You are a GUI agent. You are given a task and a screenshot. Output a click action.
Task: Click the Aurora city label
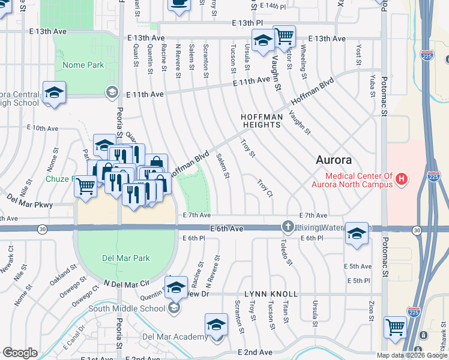coord(334,160)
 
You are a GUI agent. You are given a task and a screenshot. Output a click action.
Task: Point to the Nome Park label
coord(83,65)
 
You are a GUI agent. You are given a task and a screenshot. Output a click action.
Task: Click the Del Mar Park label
coord(125,258)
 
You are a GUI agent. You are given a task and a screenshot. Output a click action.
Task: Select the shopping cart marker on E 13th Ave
coord(284,36)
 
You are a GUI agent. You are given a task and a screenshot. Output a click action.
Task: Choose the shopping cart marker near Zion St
coord(396,327)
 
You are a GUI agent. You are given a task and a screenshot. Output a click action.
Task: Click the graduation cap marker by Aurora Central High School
coord(54,92)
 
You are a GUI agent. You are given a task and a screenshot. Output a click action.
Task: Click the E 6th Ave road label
coord(226,229)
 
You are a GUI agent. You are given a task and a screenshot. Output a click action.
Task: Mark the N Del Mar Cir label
coord(125,283)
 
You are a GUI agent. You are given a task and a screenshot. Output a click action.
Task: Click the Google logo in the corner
coord(20,353)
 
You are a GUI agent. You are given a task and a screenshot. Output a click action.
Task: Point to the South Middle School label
coord(127,308)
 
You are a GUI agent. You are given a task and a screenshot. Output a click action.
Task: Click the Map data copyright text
coord(412,355)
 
